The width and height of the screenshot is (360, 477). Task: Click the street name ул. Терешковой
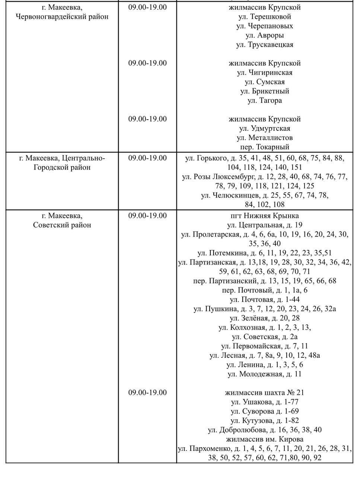tap(264, 17)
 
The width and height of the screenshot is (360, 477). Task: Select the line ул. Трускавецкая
tap(264, 45)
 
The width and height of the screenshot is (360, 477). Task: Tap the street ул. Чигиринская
tap(264, 73)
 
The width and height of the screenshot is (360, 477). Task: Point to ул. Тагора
tap(264, 101)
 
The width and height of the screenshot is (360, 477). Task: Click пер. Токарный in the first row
tap(264, 147)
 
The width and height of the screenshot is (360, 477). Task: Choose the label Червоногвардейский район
tap(62, 17)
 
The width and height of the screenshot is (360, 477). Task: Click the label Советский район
tap(62, 225)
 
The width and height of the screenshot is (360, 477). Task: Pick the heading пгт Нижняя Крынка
tap(264, 216)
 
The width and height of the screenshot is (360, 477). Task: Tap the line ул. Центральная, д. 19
tap(264, 225)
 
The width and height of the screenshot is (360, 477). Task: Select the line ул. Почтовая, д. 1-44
tap(264, 300)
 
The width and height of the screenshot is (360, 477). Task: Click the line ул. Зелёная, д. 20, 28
tap(264, 318)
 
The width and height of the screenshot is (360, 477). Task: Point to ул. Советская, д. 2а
tap(264, 337)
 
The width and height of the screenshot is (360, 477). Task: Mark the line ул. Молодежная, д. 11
tap(264, 374)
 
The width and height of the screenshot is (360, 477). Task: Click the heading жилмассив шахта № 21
tap(264, 393)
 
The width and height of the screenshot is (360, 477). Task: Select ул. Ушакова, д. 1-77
tap(264, 402)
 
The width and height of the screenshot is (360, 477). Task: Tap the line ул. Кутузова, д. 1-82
tap(264, 421)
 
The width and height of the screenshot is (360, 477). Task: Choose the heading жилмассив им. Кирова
tap(264, 439)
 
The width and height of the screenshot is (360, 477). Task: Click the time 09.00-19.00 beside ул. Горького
tap(147, 158)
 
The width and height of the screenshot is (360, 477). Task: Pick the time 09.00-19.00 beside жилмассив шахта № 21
tap(147, 393)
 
